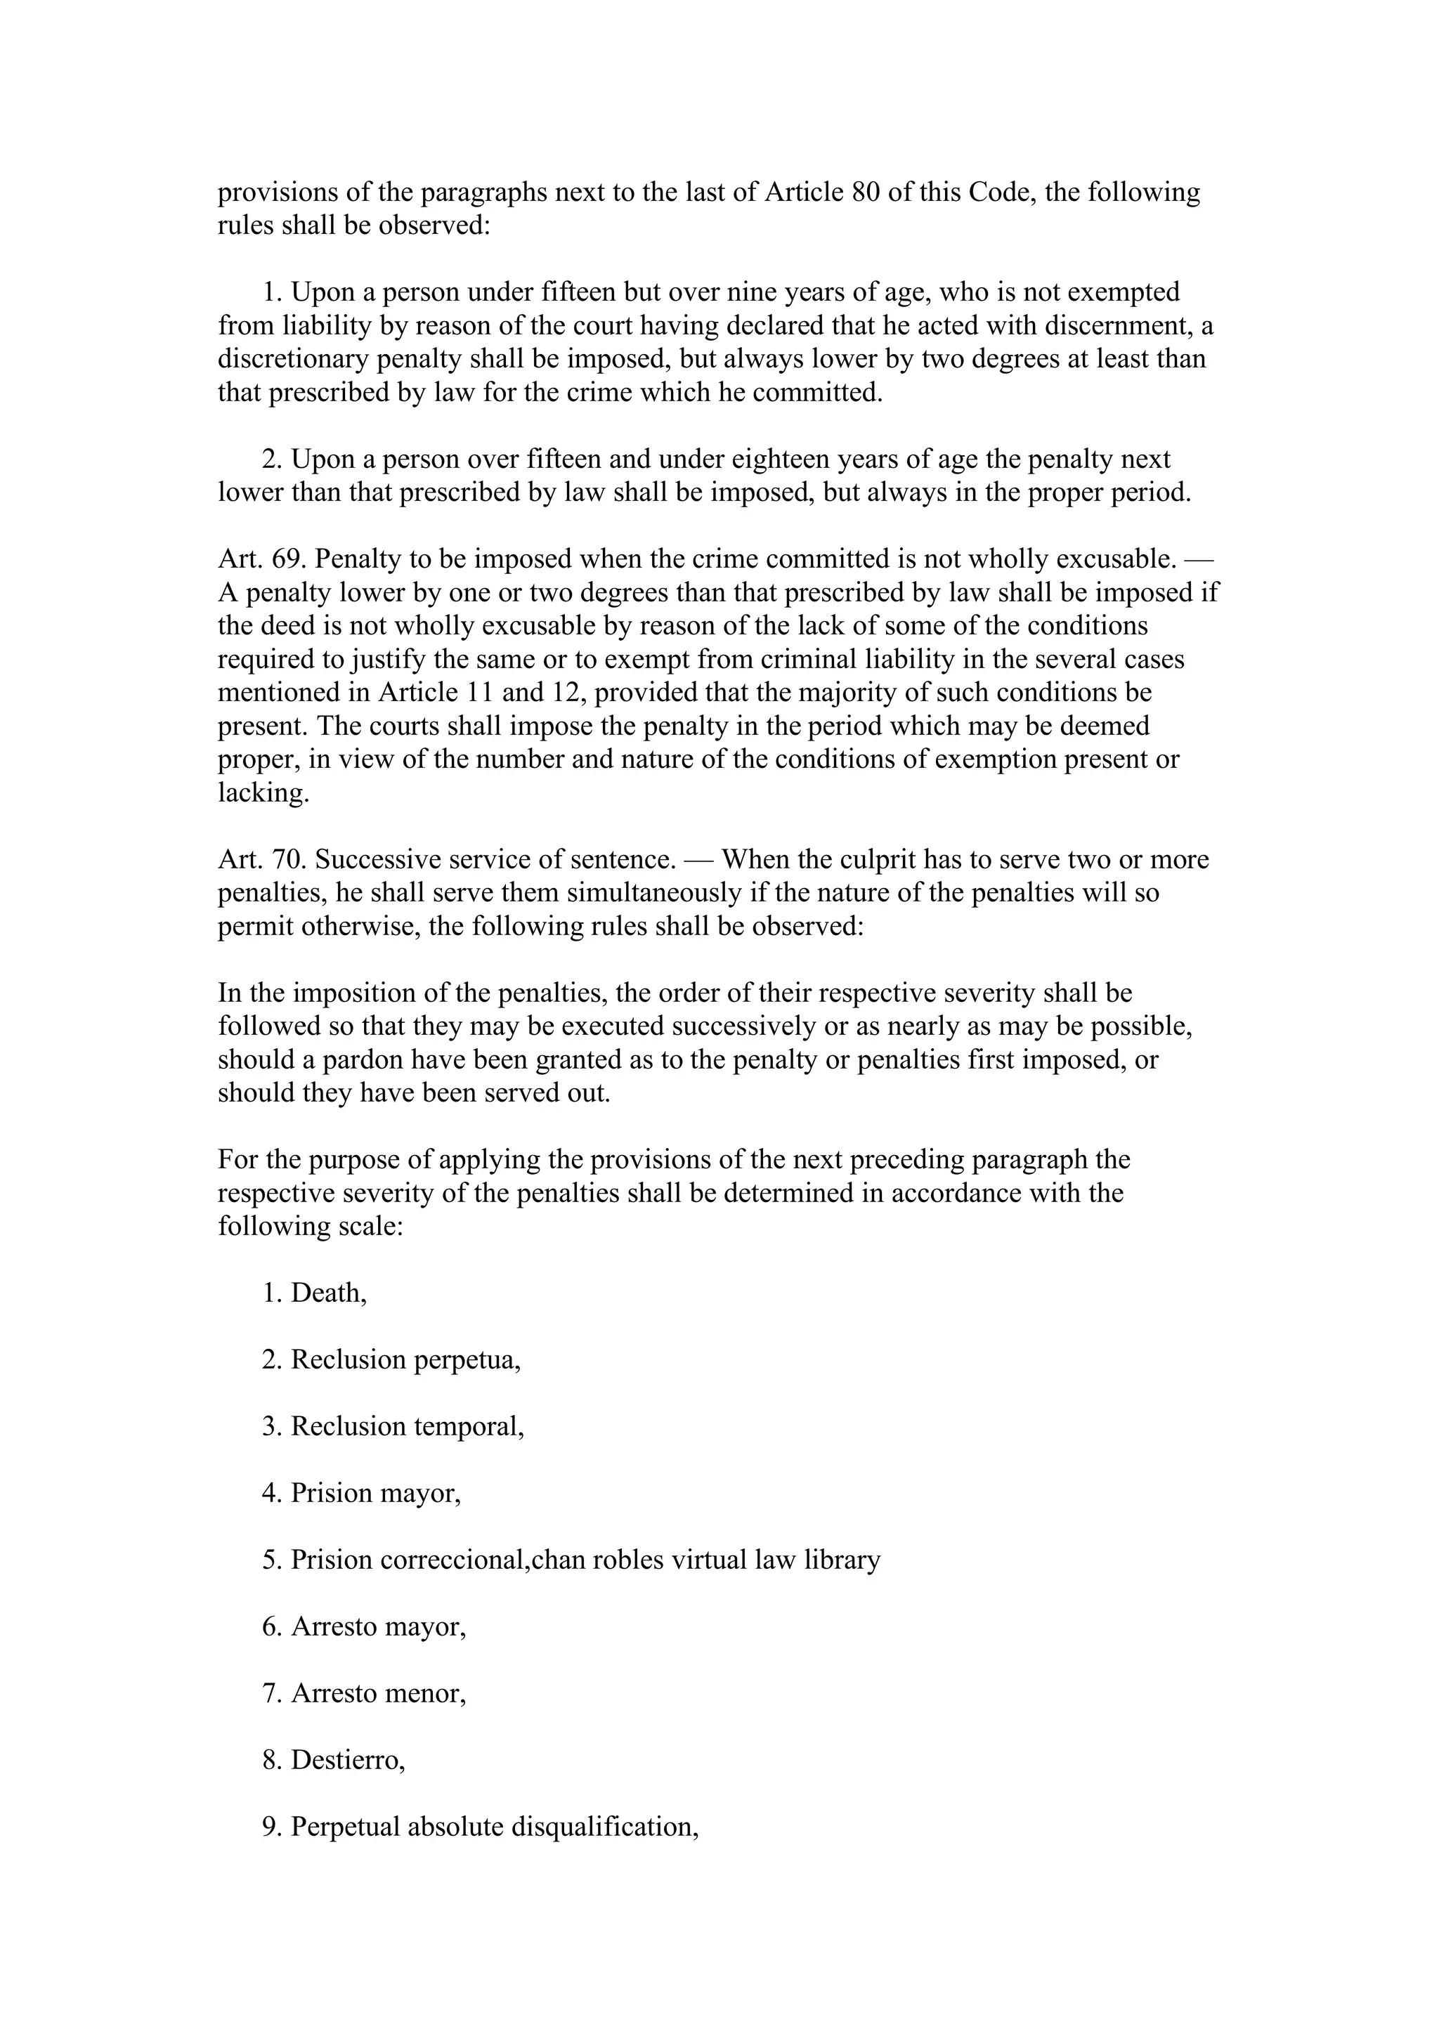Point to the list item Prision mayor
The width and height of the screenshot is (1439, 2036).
tap(375, 1494)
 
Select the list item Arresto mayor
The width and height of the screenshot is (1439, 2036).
tap(378, 1626)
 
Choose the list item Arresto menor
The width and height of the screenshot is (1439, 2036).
tap(378, 1694)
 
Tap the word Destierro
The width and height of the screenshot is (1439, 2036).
tap(346, 1760)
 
